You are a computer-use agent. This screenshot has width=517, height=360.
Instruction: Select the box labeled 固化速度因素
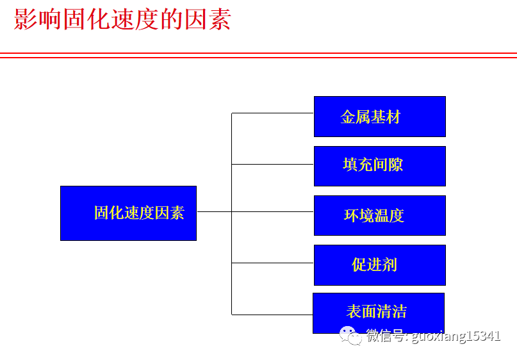(128, 213)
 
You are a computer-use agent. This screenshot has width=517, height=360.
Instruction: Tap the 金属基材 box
(379, 117)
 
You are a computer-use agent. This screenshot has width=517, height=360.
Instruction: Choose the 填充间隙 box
(379, 166)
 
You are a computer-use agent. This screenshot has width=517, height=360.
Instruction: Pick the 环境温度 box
(379, 215)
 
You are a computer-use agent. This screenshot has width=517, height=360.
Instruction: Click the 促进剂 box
(379, 265)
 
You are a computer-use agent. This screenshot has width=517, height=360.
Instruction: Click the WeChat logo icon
(350, 335)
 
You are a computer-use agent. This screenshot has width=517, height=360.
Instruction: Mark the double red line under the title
(258, 55)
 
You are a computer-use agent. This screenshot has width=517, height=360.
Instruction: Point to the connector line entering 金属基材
(272, 113)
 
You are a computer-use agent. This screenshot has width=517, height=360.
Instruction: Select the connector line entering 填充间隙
(272, 164)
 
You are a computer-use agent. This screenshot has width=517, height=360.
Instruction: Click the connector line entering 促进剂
(272, 263)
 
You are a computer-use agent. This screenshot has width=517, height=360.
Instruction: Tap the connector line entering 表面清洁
(272, 315)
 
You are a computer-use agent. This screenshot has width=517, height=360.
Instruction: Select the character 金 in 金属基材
(349, 117)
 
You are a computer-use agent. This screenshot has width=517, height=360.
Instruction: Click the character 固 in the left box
(101, 213)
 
